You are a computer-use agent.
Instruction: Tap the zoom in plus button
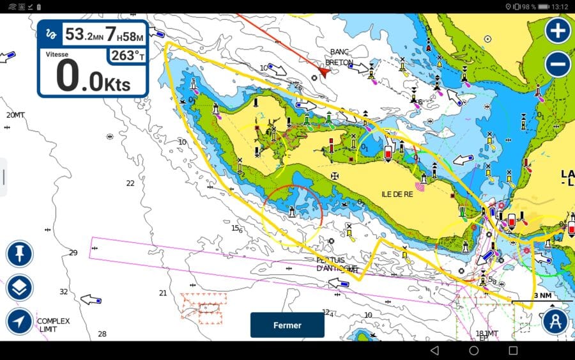coord(558,30)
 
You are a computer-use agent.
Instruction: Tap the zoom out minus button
coord(558,64)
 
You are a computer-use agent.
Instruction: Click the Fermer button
coord(287,325)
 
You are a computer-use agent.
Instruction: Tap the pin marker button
coord(19,254)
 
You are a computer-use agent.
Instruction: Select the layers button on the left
coord(19,288)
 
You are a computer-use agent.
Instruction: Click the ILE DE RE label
coord(397,194)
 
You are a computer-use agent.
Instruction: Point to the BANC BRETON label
coord(339,57)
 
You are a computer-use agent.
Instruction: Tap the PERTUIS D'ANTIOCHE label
coord(337,264)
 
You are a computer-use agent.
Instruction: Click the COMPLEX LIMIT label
coord(53,325)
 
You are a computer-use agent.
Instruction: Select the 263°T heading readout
coord(126,56)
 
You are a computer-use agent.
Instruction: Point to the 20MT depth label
coord(15,115)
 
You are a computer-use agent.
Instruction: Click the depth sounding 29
coord(73,253)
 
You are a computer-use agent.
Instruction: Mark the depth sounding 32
coord(63,292)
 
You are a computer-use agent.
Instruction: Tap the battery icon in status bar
coord(544,6)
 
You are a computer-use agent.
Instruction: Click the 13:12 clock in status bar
coord(560,6)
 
